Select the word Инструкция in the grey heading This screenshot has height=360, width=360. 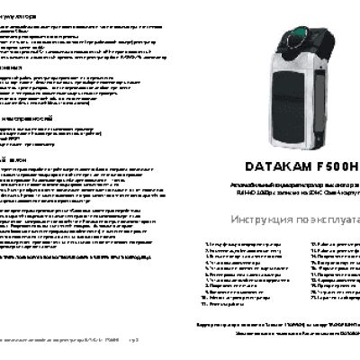click(263, 220)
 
